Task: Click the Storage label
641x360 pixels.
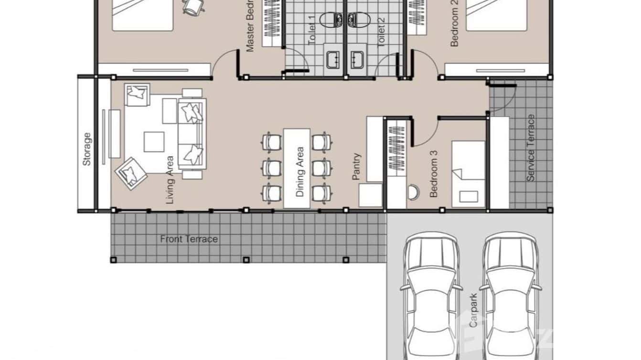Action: coord(86,149)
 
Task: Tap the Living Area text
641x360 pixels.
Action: coord(171,180)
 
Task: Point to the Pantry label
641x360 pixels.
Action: coord(356,166)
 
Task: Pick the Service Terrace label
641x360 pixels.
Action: coord(530,148)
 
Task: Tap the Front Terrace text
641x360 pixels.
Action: coord(189,239)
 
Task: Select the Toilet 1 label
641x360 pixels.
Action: coord(312,30)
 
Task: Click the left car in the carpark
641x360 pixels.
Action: coord(430,296)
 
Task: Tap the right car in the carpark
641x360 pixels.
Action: coord(510,296)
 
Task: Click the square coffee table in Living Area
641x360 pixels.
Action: coord(154,142)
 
